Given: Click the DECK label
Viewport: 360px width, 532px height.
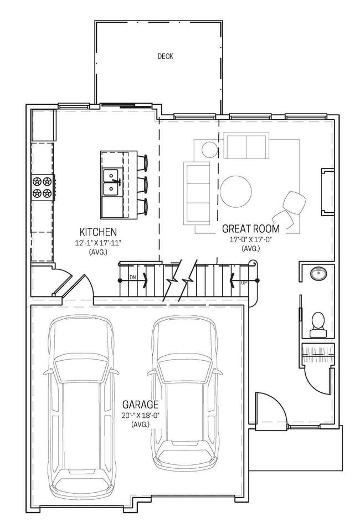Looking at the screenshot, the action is pyautogui.click(x=165, y=57).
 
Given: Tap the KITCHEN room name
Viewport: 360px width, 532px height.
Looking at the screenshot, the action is pyautogui.click(x=98, y=232).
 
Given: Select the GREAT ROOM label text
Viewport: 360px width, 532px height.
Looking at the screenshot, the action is pyautogui.click(x=251, y=229).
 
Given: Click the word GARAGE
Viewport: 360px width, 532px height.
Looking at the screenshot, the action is pyautogui.click(x=140, y=405).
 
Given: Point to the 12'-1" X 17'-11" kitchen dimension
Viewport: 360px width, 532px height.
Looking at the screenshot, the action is pyautogui.click(x=98, y=243).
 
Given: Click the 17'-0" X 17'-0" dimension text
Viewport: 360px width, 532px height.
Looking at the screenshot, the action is pyautogui.click(x=251, y=239).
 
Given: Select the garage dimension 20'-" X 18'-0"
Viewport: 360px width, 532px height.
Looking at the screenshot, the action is pyautogui.click(x=140, y=415).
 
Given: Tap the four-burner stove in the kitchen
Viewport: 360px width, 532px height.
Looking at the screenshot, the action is pyautogui.click(x=43, y=187).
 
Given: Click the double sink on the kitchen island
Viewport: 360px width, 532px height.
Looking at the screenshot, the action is pyautogui.click(x=111, y=182).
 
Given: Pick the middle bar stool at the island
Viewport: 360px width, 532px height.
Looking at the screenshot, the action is pyautogui.click(x=142, y=184).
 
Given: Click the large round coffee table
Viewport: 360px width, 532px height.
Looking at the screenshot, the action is pyautogui.click(x=236, y=191).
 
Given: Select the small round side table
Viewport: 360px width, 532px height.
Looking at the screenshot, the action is pyautogui.click(x=209, y=149).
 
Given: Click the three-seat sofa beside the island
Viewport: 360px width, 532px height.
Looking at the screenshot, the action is pyautogui.click(x=197, y=193).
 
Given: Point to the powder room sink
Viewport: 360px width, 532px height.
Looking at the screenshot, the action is pyautogui.click(x=318, y=273).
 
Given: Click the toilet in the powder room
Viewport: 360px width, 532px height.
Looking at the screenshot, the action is pyautogui.click(x=318, y=325).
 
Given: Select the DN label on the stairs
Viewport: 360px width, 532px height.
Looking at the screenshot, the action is pyautogui.click(x=133, y=278).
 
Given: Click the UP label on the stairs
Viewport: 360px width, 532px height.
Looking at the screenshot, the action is pyautogui.click(x=244, y=283).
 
